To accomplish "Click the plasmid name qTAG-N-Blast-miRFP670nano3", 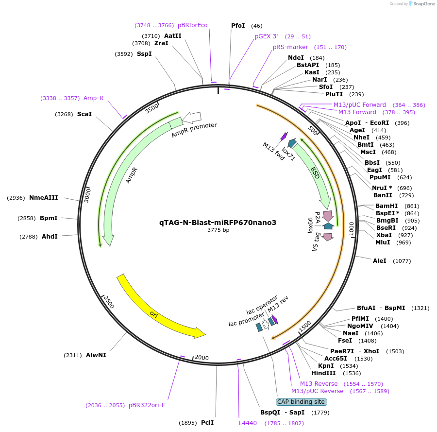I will click(x=218, y=223).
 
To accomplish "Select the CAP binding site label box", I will click(x=301, y=402).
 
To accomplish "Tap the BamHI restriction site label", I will click(x=387, y=206).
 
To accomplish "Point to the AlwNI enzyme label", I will click(x=96, y=355).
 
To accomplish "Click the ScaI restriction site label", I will click(x=84, y=115).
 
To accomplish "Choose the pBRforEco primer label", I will click(x=192, y=25).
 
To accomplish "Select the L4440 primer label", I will click(x=248, y=423).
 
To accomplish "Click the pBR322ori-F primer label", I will click(x=147, y=405).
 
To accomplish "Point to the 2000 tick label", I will click(x=202, y=358).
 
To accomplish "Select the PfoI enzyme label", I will click(x=238, y=25).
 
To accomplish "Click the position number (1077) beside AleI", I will click(x=402, y=261).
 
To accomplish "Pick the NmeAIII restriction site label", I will click(x=44, y=198).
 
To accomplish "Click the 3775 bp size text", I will click(x=218, y=230).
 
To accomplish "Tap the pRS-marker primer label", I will click(x=290, y=47).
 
